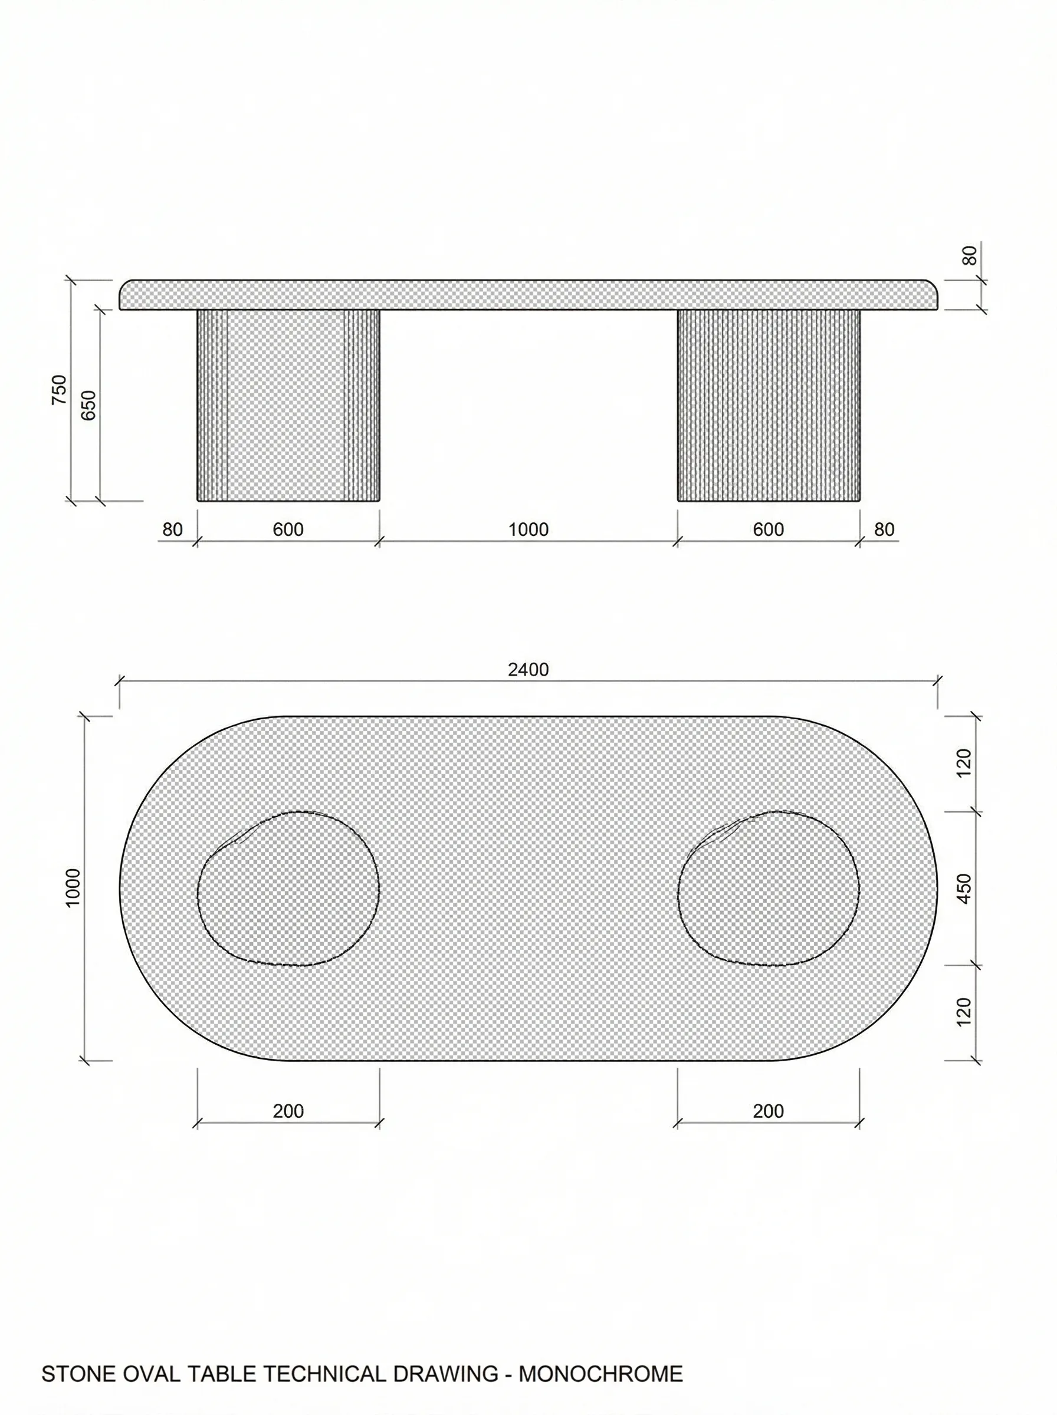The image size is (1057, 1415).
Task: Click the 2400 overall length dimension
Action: [528, 669]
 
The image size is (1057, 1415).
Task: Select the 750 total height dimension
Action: [59, 389]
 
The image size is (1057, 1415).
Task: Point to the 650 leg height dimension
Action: [89, 404]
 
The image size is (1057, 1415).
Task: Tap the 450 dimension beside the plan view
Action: [964, 888]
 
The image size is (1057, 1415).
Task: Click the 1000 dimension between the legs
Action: [528, 529]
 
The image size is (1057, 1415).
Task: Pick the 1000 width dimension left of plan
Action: [73, 887]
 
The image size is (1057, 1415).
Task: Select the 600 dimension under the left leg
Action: [288, 529]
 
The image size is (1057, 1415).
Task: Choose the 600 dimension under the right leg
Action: [768, 529]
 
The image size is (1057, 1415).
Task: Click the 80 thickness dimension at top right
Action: [970, 255]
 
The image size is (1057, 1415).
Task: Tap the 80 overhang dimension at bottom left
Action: [172, 529]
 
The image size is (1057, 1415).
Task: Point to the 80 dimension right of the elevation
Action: [884, 529]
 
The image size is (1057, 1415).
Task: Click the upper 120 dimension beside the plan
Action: [964, 763]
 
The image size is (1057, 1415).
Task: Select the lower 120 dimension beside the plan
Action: [964, 1012]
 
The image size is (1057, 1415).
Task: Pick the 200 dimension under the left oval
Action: [288, 1111]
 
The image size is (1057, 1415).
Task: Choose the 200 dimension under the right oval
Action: [768, 1111]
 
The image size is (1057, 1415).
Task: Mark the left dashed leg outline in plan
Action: [288, 888]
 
